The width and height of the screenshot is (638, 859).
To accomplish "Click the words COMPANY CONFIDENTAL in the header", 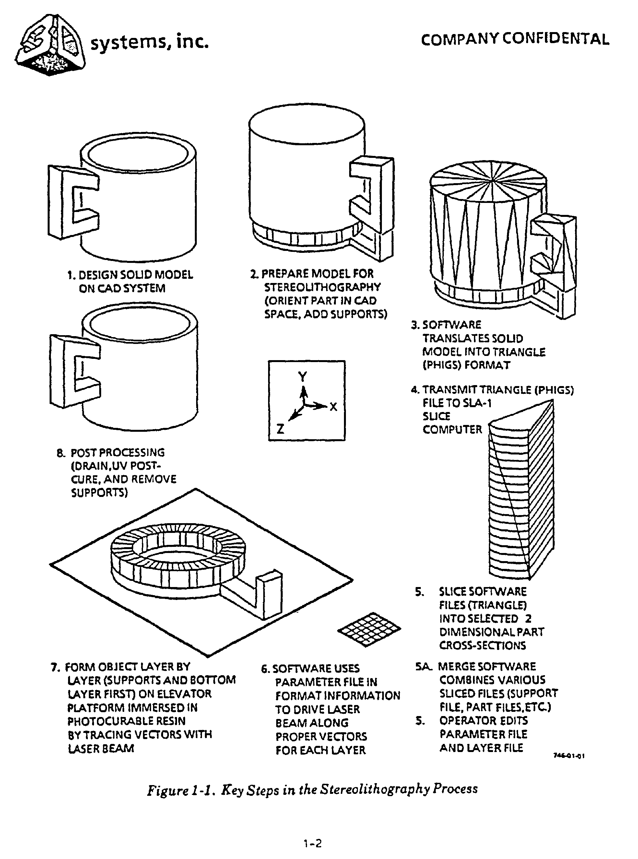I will pyautogui.click(x=515, y=39).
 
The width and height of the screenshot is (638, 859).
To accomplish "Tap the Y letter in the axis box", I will pyautogui.click(x=302, y=376).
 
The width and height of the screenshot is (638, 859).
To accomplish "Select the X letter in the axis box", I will pyautogui.click(x=333, y=406).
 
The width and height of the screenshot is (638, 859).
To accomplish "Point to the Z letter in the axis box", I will pyautogui.click(x=280, y=429).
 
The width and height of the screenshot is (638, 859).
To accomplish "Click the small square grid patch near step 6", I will pyautogui.click(x=369, y=629).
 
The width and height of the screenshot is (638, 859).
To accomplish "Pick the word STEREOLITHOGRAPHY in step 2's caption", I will pyautogui.click(x=323, y=287).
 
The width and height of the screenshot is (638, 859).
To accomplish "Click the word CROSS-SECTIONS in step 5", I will pyautogui.click(x=482, y=645).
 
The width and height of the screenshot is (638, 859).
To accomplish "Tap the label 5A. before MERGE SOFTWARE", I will pyautogui.click(x=424, y=666).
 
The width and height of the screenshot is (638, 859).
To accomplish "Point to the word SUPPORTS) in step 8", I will pyautogui.click(x=99, y=493).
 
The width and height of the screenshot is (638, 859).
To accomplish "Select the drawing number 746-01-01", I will pyautogui.click(x=569, y=756).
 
